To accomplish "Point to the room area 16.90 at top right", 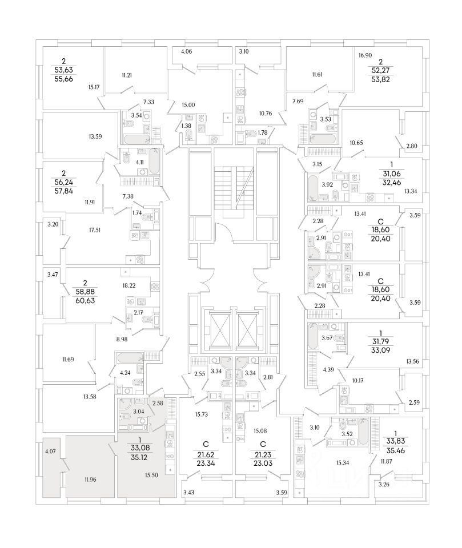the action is (365, 56).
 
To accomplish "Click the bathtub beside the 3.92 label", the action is (314, 188).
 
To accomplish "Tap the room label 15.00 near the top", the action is (188, 104).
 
